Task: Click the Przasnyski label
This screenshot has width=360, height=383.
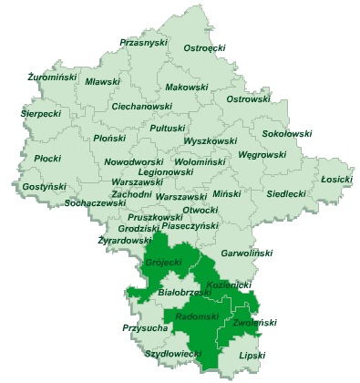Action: [x=143, y=42]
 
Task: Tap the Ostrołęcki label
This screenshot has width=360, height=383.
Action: [x=205, y=47]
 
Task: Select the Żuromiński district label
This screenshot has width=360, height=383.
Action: [x=52, y=78]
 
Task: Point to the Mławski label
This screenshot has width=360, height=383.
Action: [x=102, y=82]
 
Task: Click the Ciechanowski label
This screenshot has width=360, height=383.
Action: [x=141, y=106]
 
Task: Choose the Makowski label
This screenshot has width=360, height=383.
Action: [x=188, y=88]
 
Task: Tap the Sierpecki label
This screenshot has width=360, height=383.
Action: [x=41, y=115]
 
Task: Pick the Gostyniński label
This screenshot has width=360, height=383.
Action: [x=45, y=186]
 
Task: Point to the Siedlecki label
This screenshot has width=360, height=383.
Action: [x=286, y=193]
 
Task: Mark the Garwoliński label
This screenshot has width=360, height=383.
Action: [x=247, y=253]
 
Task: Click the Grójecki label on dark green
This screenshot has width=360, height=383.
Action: [x=163, y=264]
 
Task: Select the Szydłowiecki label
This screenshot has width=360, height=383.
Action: [x=173, y=352]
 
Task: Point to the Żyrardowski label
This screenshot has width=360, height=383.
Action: [x=125, y=241]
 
